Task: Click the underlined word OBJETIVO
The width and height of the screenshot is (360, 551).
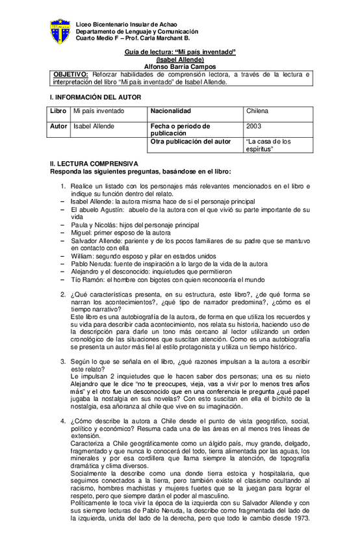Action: click(72, 75)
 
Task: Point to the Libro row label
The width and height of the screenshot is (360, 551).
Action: click(59, 111)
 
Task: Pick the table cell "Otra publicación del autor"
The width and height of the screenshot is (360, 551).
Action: click(190, 140)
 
